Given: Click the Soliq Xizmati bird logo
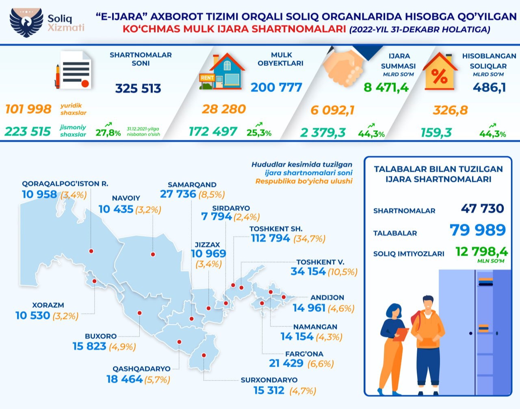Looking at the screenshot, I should [x=26, y=22].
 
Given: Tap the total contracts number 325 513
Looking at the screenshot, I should [x=138, y=88].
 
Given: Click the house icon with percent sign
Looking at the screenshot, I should [x=441, y=72].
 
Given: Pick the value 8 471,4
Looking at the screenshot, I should [x=386, y=87].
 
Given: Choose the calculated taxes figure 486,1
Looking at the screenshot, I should [x=490, y=87].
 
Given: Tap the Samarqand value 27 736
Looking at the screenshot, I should [x=178, y=194].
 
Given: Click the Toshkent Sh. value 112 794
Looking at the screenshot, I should [x=271, y=238].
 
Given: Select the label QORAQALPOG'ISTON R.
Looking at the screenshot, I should [x=65, y=184].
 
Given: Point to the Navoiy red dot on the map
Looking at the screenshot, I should [x=153, y=254].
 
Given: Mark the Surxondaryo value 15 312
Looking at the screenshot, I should [x=269, y=390].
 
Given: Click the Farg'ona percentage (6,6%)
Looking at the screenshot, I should [x=321, y=363].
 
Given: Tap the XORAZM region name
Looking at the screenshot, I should [x=48, y=305].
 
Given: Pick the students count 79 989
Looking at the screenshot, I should [x=478, y=230].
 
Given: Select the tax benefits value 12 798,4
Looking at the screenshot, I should [x=482, y=252].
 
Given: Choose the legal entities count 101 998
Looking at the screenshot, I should [x=28, y=109].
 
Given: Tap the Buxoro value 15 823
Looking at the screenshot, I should [x=89, y=346].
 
